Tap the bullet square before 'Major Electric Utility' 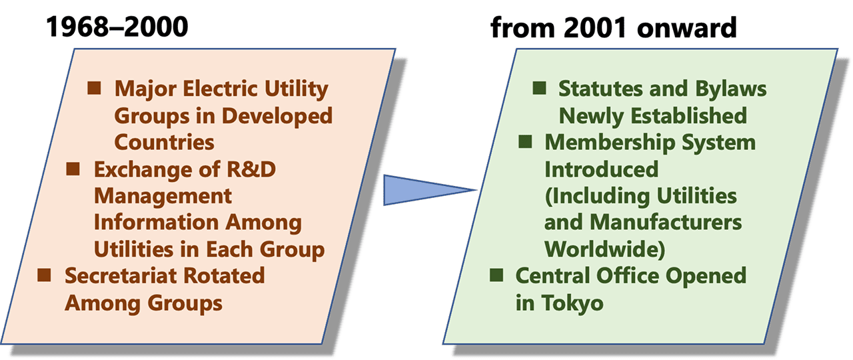tap(95, 87)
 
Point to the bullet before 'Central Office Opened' tap(496, 274)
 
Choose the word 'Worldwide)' tap(605, 249)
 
